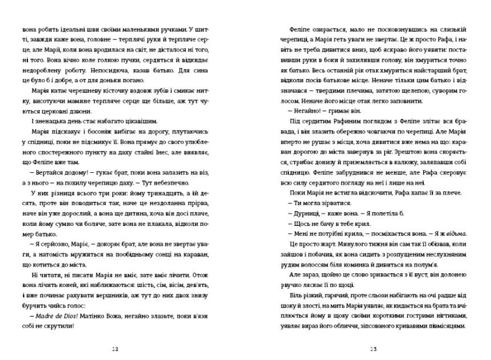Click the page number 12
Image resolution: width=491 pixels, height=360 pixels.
116,349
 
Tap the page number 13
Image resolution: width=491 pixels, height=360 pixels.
374,349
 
